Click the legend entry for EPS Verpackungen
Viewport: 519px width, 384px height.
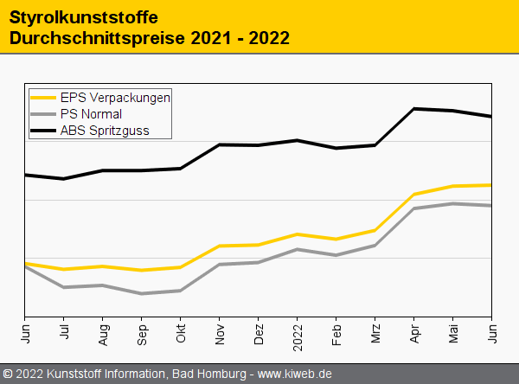(115, 97)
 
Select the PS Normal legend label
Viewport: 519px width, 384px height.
(91, 114)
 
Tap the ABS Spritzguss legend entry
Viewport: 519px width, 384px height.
(105, 131)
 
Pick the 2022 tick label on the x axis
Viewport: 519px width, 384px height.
(298, 334)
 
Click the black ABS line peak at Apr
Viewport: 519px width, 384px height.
(414, 109)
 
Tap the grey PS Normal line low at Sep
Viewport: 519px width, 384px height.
(142, 294)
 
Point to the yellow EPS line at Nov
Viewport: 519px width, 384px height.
(220, 246)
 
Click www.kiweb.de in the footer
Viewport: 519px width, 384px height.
(295, 374)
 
